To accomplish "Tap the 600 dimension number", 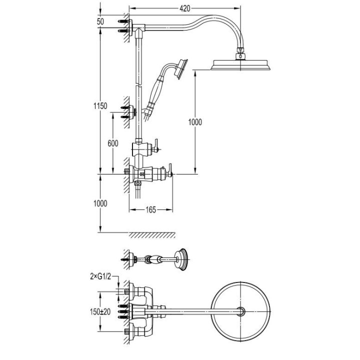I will tap(113, 143).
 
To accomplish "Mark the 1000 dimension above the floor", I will tap(100, 203).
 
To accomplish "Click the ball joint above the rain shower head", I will tap(241, 50).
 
